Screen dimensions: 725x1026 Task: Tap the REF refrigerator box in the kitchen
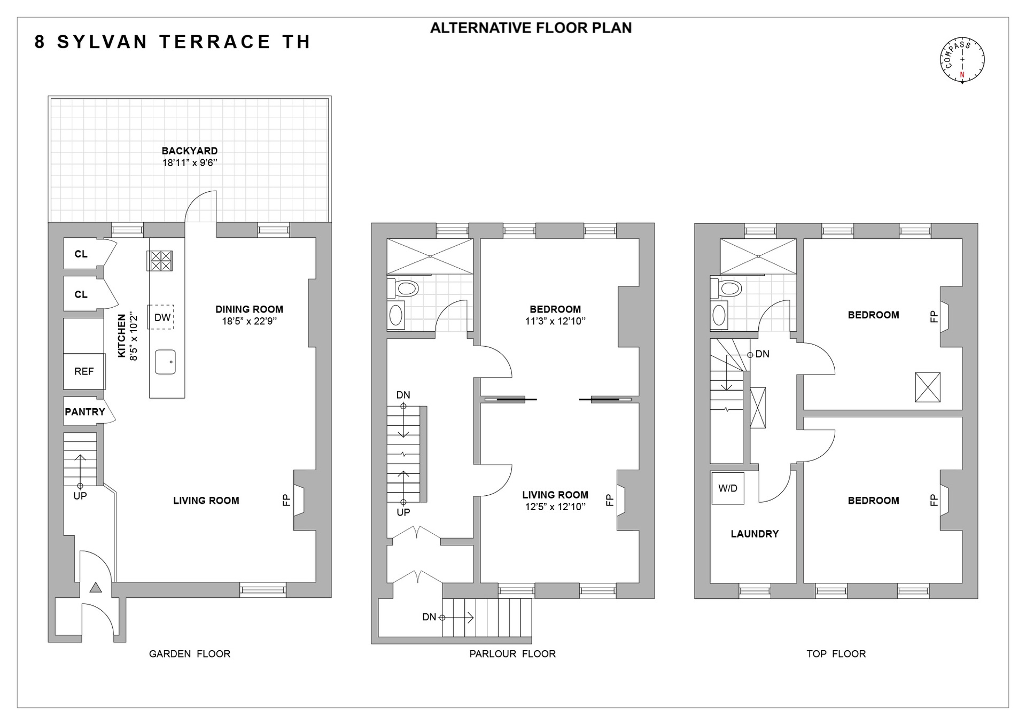(84, 371)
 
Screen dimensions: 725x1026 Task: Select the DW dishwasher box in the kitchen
(162, 317)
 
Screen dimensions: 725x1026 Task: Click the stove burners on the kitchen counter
(160, 261)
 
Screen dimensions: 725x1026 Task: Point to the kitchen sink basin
(165, 362)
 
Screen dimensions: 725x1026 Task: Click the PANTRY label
(85, 412)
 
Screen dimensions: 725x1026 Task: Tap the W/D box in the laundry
(727, 488)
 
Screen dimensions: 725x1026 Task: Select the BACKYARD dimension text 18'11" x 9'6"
(190, 163)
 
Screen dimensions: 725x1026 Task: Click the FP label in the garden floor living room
(286, 500)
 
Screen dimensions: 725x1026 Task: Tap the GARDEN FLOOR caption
(190, 654)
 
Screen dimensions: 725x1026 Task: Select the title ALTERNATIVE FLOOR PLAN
(531, 28)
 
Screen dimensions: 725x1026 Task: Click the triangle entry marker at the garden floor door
(96, 588)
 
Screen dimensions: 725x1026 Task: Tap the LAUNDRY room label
(755, 534)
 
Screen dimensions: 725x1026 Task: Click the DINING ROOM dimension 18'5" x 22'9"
(249, 321)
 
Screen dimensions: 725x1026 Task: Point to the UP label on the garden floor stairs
(80, 496)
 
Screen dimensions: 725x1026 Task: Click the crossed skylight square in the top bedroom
(927, 387)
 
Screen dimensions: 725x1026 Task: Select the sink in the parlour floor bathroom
(396, 315)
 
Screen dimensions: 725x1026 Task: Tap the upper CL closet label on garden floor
(81, 254)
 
